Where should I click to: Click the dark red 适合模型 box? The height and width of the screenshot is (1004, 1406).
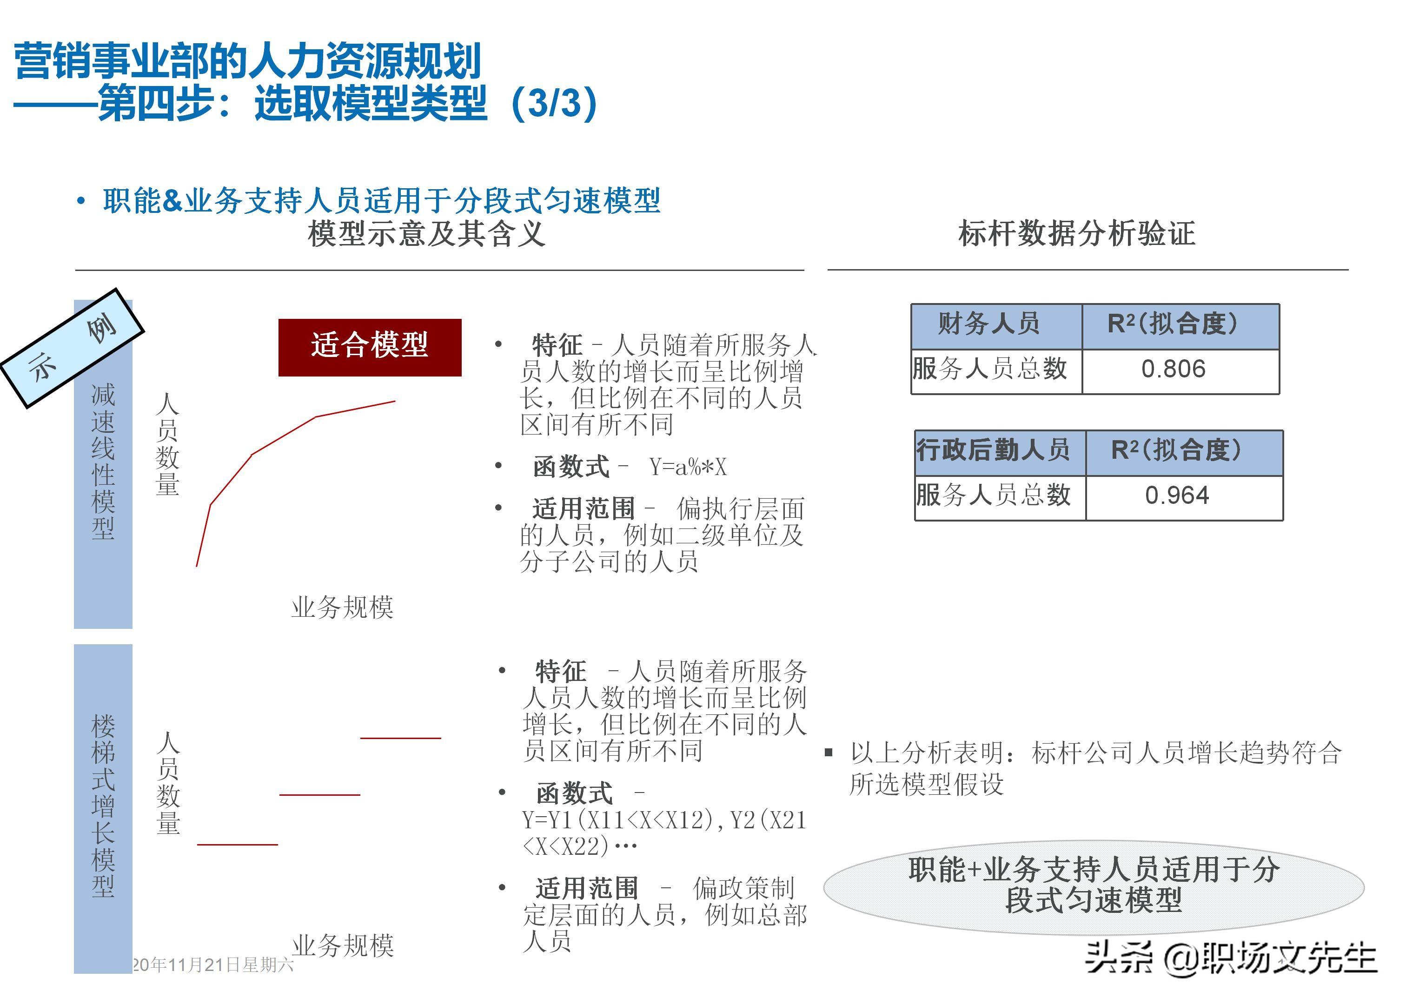[370, 347]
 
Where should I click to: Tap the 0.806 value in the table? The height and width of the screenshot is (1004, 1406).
[1173, 369]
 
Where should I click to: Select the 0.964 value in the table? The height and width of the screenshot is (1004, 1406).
[1177, 495]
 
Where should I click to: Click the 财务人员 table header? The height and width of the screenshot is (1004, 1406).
[989, 324]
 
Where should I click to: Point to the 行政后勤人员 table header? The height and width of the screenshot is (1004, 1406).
[993, 450]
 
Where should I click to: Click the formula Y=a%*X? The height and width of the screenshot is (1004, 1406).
[688, 467]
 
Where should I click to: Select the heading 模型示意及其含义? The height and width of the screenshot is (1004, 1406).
[427, 234]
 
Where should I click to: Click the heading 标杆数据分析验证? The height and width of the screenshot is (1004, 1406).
[1076, 234]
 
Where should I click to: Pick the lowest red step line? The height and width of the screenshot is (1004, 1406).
[238, 844]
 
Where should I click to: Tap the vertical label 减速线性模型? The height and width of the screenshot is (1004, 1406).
[103, 461]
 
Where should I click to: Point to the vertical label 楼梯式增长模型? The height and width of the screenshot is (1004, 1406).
[103, 805]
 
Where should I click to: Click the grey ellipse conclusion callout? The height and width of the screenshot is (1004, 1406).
[1093, 885]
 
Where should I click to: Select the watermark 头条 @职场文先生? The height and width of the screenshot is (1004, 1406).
[1230, 959]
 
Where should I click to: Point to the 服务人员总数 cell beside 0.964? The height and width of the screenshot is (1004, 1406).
[993, 495]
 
